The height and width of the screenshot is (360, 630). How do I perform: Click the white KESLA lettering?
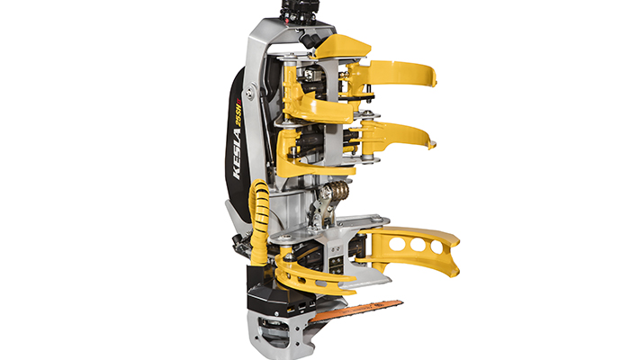[237, 154]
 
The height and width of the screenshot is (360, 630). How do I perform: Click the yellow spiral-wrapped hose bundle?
[260, 221]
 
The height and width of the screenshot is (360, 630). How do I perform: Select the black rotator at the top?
[300, 13]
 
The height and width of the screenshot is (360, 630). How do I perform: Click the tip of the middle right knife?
[433, 145]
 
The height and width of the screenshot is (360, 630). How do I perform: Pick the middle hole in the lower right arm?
[418, 244]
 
